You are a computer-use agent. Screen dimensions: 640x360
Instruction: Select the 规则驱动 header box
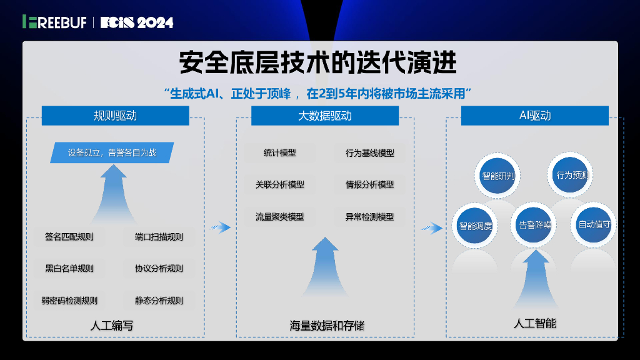click(115, 116)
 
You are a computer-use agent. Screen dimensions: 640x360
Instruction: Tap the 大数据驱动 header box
click(324, 116)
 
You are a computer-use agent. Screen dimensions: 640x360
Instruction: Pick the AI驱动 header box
click(534, 116)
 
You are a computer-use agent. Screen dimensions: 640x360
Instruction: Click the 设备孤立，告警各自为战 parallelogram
click(112, 152)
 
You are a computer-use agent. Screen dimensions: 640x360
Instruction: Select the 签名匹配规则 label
click(69, 237)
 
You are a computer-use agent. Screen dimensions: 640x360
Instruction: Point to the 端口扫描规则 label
click(159, 237)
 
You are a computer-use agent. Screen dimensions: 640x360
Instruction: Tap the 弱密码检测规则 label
click(69, 301)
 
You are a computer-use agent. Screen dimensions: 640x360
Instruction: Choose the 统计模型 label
click(279, 152)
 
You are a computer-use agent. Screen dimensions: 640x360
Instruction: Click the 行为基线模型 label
click(370, 152)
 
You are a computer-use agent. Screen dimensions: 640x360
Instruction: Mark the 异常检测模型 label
click(370, 217)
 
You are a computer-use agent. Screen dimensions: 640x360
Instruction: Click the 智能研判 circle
click(497, 176)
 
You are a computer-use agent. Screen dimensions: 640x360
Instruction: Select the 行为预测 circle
click(572, 175)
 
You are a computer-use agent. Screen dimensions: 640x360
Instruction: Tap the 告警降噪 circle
click(535, 225)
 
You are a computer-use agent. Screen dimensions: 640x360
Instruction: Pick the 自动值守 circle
click(594, 224)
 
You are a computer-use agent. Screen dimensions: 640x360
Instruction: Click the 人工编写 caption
click(112, 326)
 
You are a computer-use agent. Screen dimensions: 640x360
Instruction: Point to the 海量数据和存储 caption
click(326, 326)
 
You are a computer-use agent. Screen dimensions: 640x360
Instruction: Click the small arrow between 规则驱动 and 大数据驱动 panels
click(220, 227)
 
